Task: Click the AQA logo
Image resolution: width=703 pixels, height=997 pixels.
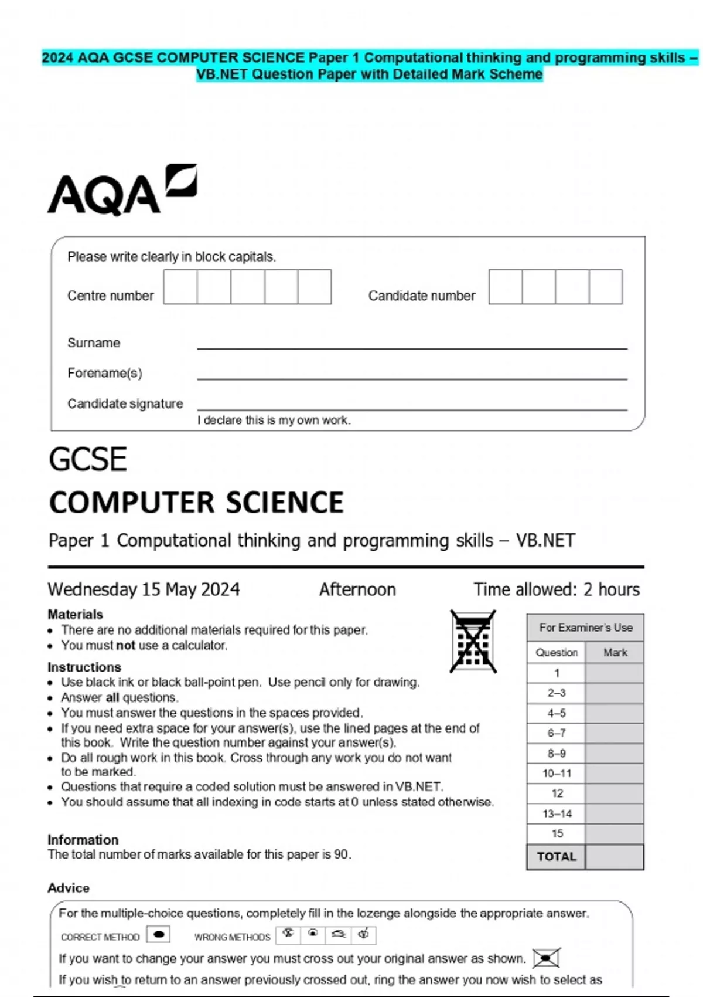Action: coord(122,189)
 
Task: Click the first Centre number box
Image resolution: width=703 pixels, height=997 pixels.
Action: coord(180,287)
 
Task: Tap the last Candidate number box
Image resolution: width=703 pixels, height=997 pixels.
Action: coord(606,287)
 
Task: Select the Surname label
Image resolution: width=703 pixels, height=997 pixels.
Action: coord(94,343)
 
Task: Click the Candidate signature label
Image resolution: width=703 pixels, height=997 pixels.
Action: coord(125,404)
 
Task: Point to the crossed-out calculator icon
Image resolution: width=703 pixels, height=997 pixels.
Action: coord(473,641)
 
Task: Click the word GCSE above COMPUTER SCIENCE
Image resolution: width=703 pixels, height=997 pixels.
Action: coord(88,459)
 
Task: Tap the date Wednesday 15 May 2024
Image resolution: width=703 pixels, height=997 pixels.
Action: coord(144,589)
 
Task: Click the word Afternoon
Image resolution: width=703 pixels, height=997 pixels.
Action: coord(357,589)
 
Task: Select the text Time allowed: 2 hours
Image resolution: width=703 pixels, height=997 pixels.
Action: coord(557,589)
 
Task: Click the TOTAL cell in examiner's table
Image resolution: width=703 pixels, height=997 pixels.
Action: coord(557,857)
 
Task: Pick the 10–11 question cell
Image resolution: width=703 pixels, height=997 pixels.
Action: coord(557,774)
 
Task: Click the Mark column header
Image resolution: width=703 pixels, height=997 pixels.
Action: coord(615,653)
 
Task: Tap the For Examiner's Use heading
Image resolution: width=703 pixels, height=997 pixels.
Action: coord(585,628)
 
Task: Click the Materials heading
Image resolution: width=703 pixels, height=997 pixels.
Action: coord(75,615)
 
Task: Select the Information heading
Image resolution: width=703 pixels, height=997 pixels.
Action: coord(83,840)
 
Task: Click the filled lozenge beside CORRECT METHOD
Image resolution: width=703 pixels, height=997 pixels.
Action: coord(158,934)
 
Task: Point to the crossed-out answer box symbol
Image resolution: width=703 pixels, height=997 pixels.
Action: coord(546,958)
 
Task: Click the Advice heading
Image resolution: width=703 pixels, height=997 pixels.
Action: coord(69,888)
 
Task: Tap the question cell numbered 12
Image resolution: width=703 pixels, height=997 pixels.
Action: coord(557,793)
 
